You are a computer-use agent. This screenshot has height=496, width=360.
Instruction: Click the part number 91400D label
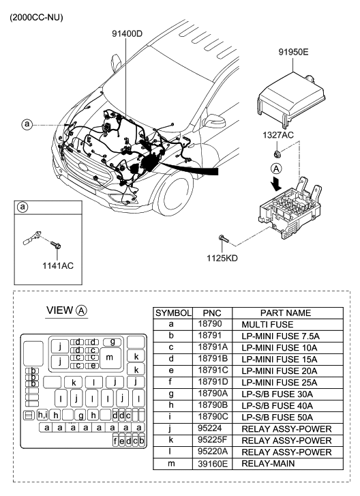127,33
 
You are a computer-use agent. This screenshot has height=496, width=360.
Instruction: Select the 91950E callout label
293,52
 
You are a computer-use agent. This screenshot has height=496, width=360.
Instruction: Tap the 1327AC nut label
278,135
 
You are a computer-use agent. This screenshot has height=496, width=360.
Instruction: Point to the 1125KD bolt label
222,258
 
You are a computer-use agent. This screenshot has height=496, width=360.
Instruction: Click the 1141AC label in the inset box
58,265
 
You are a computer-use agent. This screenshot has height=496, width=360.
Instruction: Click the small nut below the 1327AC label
277,154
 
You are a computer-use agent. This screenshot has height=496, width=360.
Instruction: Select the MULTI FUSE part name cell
267,325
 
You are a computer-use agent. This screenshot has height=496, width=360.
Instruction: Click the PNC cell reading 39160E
213,464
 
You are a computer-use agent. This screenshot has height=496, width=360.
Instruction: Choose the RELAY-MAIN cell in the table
268,464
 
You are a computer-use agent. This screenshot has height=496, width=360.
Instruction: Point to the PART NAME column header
286,313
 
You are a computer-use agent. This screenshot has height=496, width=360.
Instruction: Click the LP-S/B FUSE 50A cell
277,418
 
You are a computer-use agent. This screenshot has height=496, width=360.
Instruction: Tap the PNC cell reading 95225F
213,440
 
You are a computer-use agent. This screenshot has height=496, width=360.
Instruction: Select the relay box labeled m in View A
109,358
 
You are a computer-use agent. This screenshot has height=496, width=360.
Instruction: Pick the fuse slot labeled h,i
42,415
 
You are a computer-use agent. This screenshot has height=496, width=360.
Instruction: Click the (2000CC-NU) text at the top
36,18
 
